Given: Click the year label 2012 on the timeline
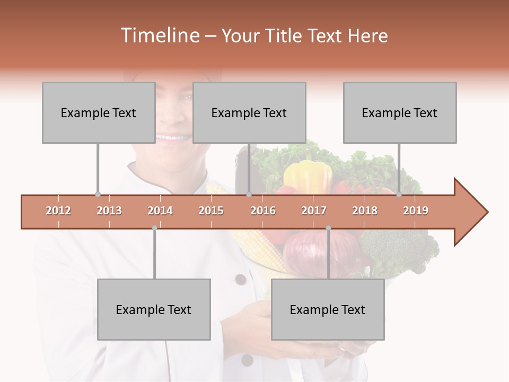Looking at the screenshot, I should (58, 211).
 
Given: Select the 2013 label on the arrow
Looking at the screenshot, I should (109, 211).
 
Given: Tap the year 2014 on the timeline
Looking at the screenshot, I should (160, 211).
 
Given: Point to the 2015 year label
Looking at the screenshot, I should (211, 211).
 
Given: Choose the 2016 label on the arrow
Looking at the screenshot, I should (263, 211).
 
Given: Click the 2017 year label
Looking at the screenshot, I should (314, 211).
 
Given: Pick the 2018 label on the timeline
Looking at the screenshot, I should (365, 211).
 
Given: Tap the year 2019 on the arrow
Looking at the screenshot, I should (416, 211).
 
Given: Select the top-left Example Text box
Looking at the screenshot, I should (99, 112).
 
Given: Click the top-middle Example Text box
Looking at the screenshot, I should (249, 112).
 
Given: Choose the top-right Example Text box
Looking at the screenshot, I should (400, 112).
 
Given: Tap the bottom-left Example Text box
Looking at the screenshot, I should (154, 309).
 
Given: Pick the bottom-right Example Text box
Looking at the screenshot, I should (328, 309).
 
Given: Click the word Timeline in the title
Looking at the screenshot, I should (159, 36).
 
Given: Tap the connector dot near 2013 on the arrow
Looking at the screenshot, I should (98, 194).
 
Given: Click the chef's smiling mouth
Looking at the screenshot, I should (172, 138).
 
